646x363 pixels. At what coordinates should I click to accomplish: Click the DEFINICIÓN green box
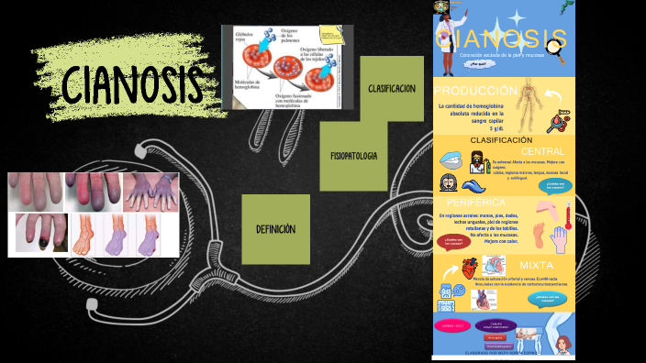[x=275, y=229]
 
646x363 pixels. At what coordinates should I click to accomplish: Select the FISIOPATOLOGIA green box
[x=353, y=156]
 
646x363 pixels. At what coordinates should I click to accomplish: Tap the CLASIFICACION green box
[x=392, y=89]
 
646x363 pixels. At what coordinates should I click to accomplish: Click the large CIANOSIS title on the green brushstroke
[x=132, y=85]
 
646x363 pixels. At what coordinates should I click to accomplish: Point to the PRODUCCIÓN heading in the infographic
[x=476, y=91]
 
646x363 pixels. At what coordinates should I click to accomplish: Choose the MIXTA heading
[x=537, y=265]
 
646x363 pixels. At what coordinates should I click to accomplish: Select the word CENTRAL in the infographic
[x=542, y=151]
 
